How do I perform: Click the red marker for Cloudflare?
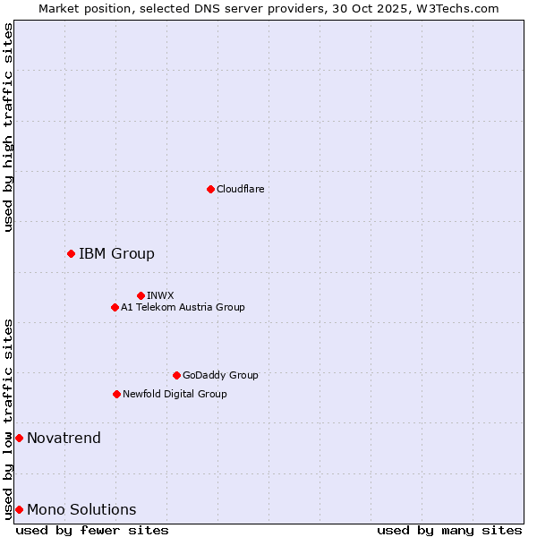pyautogui.click(x=210, y=189)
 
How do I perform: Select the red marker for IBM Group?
pyautogui.click(x=71, y=253)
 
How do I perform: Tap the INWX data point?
pyautogui.click(x=141, y=295)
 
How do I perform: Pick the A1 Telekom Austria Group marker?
pyautogui.click(x=115, y=307)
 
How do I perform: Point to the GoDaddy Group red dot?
pyautogui.click(x=176, y=375)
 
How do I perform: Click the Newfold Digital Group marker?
pyautogui.click(x=116, y=394)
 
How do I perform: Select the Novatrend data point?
pyautogui.click(x=19, y=438)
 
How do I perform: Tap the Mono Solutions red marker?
pyautogui.click(x=19, y=509)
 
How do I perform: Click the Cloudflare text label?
pyautogui.click(x=240, y=189)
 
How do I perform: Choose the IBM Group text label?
pyautogui.click(x=116, y=253)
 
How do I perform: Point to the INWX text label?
pyautogui.click(x=160, y=295)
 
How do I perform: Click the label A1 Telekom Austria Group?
pyautogui.click(x=183, y=307)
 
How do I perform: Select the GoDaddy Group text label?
pyautogui.click(x=220, y=375)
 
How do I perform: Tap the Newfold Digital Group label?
pyautogui.click(x=175, y=394)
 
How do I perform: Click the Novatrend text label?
pyautogui.click(x=64, y=438)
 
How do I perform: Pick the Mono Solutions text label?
pyautogui.click(x=81, y=509)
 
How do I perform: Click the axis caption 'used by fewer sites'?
pyautogui.click(x=92, y=530)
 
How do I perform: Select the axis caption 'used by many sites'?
pyautogui.click(x=449, y=530)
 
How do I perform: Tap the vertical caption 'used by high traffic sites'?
pyautogui.click(x=8, y=127)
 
